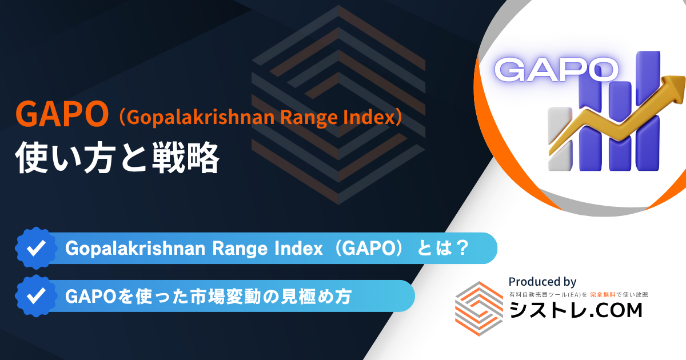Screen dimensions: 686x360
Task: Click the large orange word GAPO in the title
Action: pos(62,114)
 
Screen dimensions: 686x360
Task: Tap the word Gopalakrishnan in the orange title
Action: pos(200,118)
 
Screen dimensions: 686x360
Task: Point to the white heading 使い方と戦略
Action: pos(117,158)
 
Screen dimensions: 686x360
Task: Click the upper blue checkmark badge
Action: pos(36,248)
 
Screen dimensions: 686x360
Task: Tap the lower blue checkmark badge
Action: pos(36,296)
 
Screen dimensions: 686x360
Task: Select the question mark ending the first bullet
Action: pos(461,248)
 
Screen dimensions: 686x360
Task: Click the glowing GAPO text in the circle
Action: pos(556,70)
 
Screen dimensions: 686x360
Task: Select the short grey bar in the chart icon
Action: pos(560,139)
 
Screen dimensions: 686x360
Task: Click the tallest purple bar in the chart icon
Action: pos(647,111)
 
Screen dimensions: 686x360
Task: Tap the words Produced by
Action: pos(543,282)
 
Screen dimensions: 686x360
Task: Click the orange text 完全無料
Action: pos(603,295)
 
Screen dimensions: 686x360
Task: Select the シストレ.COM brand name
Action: pos(576,310)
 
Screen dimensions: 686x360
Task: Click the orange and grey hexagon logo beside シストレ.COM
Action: pos(479,308)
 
